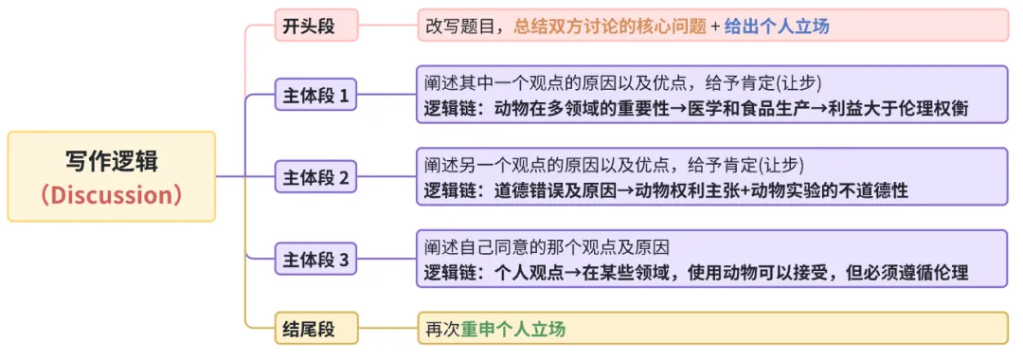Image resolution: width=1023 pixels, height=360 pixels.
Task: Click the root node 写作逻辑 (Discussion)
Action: tap(112, 176)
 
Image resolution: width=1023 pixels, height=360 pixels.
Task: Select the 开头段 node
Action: tap(309, 26)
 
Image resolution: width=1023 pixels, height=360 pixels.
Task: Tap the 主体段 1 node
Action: tap(315, 96)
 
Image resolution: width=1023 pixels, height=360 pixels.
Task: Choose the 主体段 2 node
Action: tap(315, 177)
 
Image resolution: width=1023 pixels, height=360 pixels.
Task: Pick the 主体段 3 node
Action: tap(315, 259)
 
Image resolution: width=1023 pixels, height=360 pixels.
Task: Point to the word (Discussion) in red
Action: tap(112, 194)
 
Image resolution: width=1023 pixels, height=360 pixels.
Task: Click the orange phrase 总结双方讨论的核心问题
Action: tap(610, 26)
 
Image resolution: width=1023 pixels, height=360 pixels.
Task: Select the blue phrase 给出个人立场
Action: tap(777, 26)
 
